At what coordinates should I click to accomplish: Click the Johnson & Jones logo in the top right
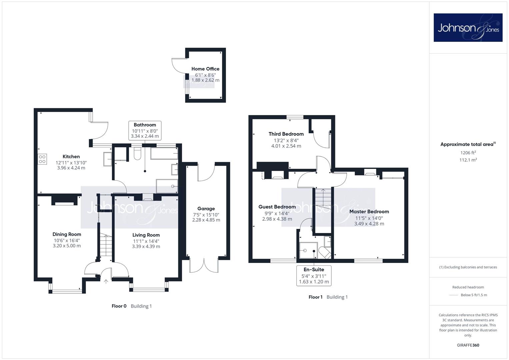pyautogui.click(x=468, y=27)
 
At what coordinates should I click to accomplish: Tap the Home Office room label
pyautogui.click(x=205, y=69)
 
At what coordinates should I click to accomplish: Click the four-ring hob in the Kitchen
pyautogui.click(x=42, y=159)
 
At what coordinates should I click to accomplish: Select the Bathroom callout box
pyautogui.click(x=145, y=130)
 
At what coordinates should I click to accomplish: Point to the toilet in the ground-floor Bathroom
pyautogui.click(x=138, y=153)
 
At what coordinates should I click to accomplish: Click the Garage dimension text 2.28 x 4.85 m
pyautogui.click(x=206, y=220)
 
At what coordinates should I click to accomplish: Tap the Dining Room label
pyautogui.click(x=67, y=234)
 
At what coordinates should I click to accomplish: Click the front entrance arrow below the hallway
pyautogui.click(x=106, y=282)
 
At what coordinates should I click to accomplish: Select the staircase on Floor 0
pyautogui.click(x=106, y=245)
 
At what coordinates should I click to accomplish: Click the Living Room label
pyautogui.click(x=146, y=235)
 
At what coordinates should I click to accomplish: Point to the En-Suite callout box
pyautogui.click(x=314, y=275)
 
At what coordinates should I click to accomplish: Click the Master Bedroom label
pyautogui.click(x=369, y=211)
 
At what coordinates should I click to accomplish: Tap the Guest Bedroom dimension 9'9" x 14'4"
pyautogui.click(x=277, y=213)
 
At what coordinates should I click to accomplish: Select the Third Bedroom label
pyautogui.click(x=286, y=134)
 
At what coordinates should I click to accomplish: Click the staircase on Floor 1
pyautogui.click(x=323, y=199)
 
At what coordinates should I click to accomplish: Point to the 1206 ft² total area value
pyautogui.click(x=468, y=153)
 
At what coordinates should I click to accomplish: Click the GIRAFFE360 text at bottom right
pyautogui.click(x=468, y=345)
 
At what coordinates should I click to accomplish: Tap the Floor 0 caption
pyautogui.click(x=119, y=306)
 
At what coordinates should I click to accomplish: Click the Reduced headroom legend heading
pyautogui.click(x=468, y=287)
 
